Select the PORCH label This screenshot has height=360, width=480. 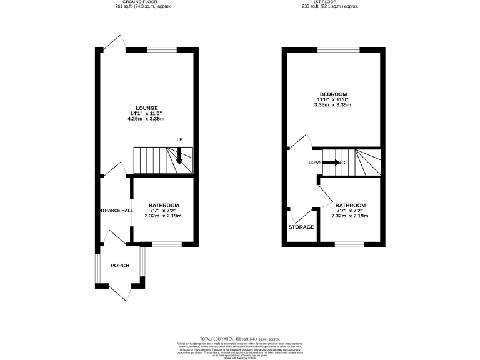tap(119, 266)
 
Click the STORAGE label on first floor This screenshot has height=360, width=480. tap(301, 227)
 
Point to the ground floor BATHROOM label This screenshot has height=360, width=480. tap(164, 206)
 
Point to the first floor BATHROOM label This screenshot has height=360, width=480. tap(350, 206)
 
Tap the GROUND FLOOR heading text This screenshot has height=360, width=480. tap(143, 2)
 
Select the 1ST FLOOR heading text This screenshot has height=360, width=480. tap(330, 2)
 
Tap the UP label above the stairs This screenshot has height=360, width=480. tap(179, 139)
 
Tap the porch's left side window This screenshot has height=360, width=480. tap(97, 268)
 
